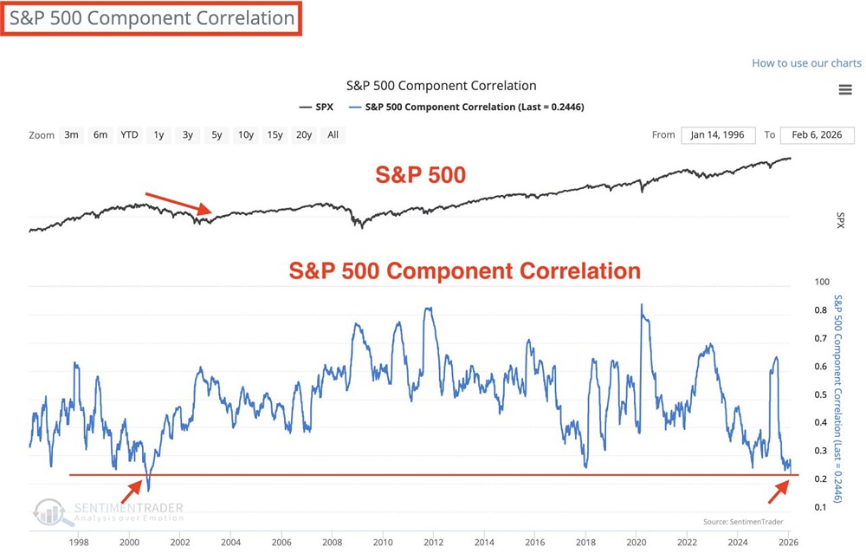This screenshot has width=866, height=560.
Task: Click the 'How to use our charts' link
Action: coord(806,63)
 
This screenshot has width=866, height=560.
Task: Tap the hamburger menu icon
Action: coord(845,90)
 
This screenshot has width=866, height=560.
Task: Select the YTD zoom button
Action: coord(129,134)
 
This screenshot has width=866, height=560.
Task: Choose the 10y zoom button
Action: coord(246,134)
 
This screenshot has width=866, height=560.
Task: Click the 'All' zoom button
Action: coord(333,134)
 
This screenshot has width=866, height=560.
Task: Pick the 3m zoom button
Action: coord(72,134)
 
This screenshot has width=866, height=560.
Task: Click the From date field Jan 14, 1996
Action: coord(717,135)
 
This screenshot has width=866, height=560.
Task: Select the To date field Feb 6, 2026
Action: coord(817,135)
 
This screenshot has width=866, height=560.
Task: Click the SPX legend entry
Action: coord(317,107)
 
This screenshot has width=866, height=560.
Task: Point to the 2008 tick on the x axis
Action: coord(332,544)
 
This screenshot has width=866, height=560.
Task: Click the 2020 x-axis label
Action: coord(636,544)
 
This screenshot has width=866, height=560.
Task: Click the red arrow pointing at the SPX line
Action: coord(178,203)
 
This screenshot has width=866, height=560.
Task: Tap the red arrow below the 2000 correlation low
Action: coord(131,492)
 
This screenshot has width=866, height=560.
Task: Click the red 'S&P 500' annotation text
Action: coord(421,175)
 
